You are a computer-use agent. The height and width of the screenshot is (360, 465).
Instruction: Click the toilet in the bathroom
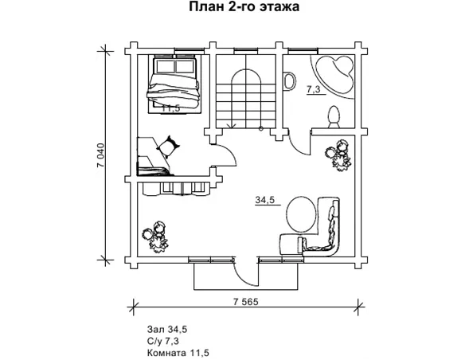(x=334, y=117)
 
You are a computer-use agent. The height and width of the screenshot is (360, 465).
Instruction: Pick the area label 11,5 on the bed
(x=171, y=108)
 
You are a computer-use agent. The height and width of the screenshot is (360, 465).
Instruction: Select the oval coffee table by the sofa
(x=303, y=213)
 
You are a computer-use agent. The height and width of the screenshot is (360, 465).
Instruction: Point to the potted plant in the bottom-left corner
(x=155, y=237)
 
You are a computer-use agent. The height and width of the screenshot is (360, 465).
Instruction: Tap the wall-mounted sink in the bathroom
(x=289, y=80)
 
